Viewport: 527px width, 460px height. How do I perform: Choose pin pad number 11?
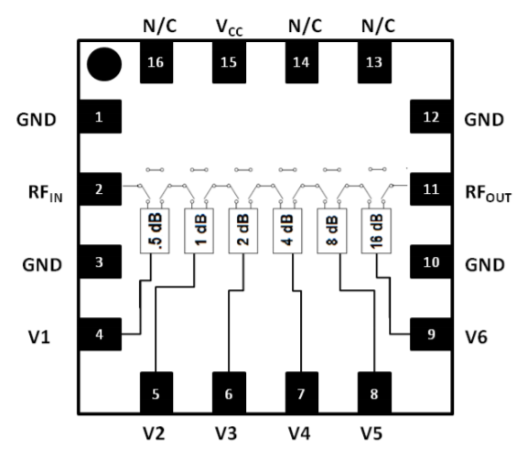tap(425, 190)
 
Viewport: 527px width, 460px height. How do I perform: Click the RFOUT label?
tap(489, 193)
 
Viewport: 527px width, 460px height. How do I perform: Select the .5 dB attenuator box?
tap(153, 231)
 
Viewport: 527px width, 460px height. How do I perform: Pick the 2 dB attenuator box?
tap(241, 231)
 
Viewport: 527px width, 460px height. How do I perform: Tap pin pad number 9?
tap(425, 333)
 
